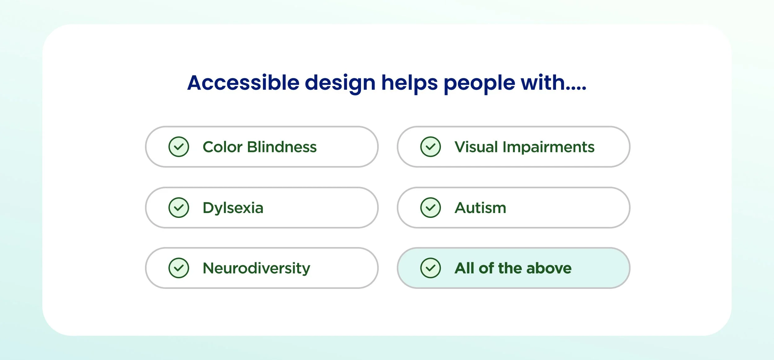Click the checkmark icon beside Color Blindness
[x=179, y=147]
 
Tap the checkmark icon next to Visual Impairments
[x=430, y=147]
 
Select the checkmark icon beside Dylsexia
[x=179, y=207]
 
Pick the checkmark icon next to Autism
[x=430, y=207]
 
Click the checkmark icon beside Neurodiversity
[x=179, y=268]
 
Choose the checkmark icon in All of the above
[x=430, y=268]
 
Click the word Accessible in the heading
[x=243, y=83]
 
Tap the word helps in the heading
[x=409, y=83]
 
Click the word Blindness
[x=282, y=147]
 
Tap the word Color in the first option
[x=222, y=147]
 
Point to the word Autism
[x=480, y=208]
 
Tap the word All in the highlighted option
[x=464, y=268]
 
